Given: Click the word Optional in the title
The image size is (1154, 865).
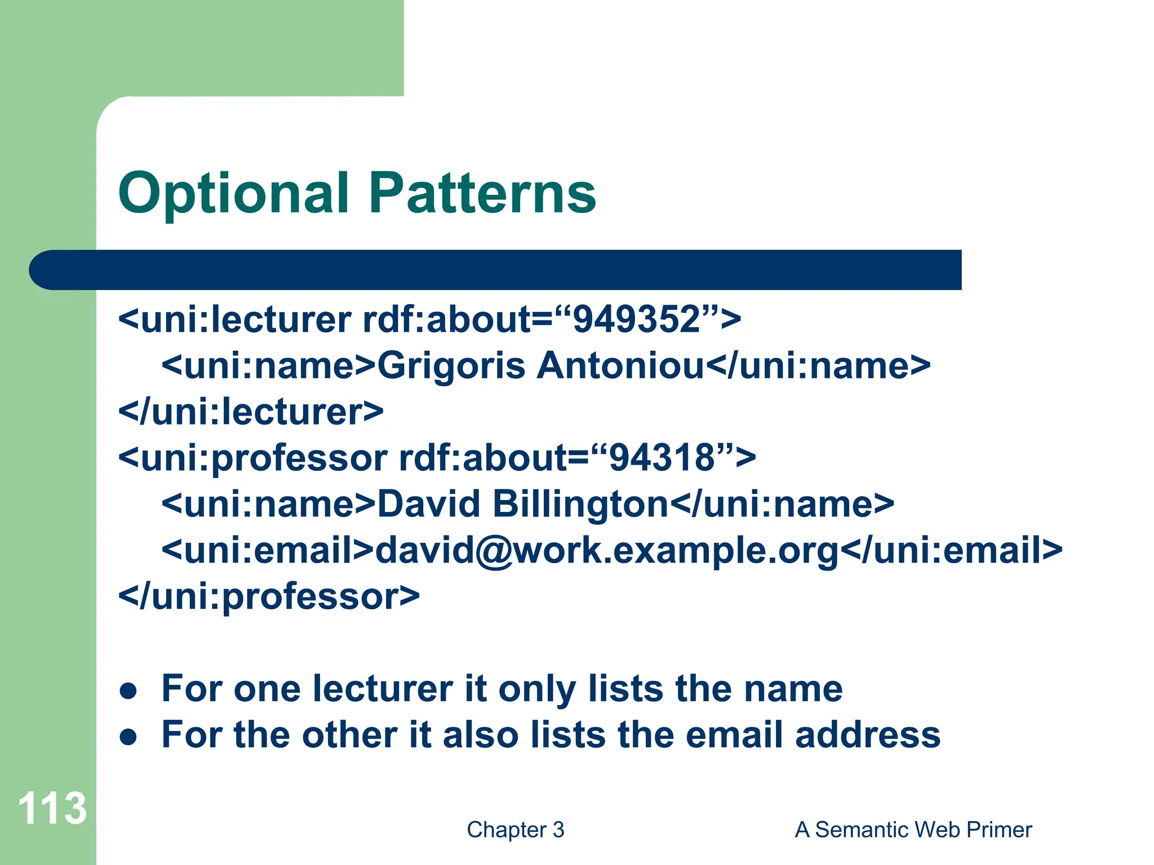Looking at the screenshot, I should click(x=233, y=194).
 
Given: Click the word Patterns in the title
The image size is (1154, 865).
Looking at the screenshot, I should click(x=482, y=193).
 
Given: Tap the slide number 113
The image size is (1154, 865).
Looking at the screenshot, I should click(x=52, y=809).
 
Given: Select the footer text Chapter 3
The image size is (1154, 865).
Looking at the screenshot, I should click(x=515, y=830).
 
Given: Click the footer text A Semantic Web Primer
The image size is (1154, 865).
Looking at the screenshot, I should click(x=913, y=830).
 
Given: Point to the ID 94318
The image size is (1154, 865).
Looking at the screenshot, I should click(x=662, y=457).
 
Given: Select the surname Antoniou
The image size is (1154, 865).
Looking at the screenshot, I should click(x=620, y=365).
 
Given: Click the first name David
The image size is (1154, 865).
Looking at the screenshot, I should click(x=428, y=503).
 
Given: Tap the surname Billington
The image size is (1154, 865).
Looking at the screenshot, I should click(x=580, y=503).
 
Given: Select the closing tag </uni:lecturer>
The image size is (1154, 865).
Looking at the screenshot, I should click(x=251, y=412).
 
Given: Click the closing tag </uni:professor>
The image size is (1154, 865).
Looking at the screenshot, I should click(x=269, y=596).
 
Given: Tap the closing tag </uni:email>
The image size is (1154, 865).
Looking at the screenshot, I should click(x=952, y=550).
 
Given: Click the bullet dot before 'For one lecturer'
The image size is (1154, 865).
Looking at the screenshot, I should click(x=128, y=691).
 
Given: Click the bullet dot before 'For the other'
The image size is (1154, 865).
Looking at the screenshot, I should click(x=128, y=737).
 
